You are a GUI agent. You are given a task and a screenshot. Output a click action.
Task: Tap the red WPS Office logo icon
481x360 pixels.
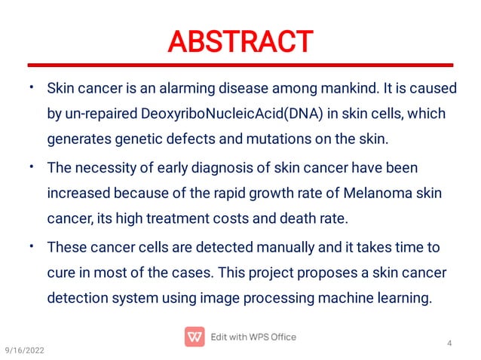pyautogui.click(x=195, y=336)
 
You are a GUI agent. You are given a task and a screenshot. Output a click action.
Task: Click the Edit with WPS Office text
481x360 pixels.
pyautogui.click(x=253, y=336)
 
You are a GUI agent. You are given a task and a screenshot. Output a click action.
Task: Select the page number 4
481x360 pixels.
pyautogui.click(x=449, y=345)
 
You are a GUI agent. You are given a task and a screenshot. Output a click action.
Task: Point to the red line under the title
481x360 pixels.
pyautogui.click(x=240, y=66)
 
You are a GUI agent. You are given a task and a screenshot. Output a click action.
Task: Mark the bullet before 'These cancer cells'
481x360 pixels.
pyautogui.click(x=32, y=245)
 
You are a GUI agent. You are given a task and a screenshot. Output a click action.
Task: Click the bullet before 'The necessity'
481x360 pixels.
pyautogui.click(x=32, y=165)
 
